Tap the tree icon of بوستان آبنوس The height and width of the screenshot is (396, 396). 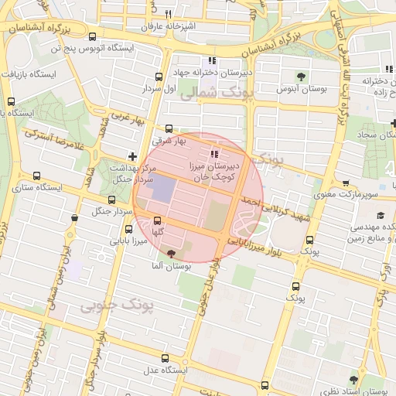[x=301, y=76]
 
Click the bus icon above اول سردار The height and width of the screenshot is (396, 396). [x=159, y=77]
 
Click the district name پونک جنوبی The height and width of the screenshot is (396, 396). [x=118, y=306]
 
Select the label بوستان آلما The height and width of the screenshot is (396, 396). [x=172, y=265]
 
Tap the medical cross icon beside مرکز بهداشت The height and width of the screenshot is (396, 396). [x=132, y=157]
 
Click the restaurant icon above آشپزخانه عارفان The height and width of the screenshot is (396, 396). [x=168, y=14]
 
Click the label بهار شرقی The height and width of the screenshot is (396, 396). [x=169, y=142]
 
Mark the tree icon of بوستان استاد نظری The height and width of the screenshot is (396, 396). [x=353, y=380]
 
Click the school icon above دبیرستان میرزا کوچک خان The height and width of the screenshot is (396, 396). [x=214, y=155]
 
